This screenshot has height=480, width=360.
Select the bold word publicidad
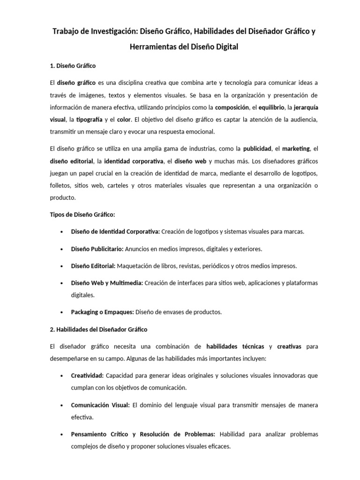(x=257, y=149)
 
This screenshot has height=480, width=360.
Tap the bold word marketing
(x=296, y=149)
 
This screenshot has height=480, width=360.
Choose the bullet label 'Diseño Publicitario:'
(x=97, y=248)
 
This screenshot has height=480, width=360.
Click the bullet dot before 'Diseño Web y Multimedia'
(x=62, y=283)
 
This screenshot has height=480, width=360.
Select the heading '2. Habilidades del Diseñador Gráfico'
(x=98, y=330)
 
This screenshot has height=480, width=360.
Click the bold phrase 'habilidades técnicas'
(x=235, y=347)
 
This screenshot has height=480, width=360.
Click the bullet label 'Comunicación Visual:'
(x=100, y=405)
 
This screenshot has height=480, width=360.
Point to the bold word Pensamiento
(x=91, y=434)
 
